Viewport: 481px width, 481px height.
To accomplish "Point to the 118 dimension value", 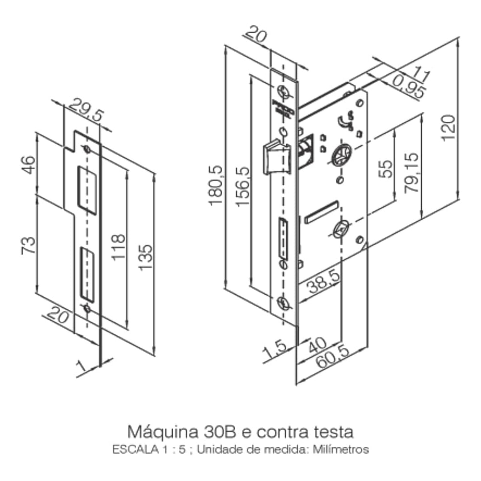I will coord(117,247).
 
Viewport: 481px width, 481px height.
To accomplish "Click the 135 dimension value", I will coord(146,257).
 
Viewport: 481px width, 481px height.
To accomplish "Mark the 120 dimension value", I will coord(448,127).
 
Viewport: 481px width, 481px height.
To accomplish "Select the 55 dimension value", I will coord(385,169).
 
